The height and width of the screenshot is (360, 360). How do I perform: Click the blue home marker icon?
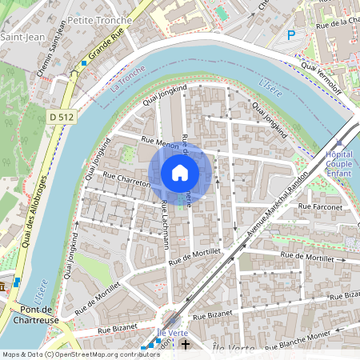click(180, 173)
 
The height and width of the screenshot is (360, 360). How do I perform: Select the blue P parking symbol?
click(292, 35)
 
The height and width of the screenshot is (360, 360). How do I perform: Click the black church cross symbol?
click(186, 345)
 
